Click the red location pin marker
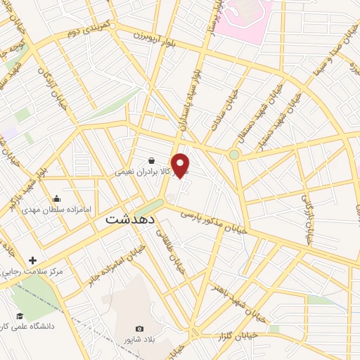[x=181, y=165]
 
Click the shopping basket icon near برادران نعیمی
[x=152, y=160]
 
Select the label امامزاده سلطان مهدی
[x=57, y=210]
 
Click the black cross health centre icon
[x=32, y=260]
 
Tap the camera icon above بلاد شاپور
[x=139, y=328]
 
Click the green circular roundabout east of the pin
[x=234, y=154]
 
